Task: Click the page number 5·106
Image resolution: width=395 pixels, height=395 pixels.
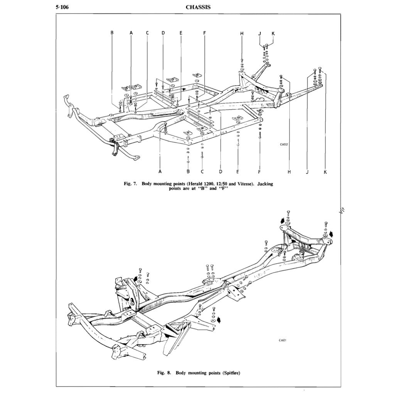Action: pyautogui.click(x=62, y=7)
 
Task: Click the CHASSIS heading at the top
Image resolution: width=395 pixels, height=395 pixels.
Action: pyautogui.click(x=198, y=7)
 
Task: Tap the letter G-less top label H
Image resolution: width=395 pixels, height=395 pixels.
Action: pyautogui.click(x=242, y=33)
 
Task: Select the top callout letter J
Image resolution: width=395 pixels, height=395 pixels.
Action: pyautogui.click(x=260, y=33)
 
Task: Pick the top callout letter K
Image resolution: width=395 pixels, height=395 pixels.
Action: pyautogui.click(x=273, y=33)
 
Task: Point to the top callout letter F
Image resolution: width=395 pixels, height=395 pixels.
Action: pyautogui.click(x=204, y=33)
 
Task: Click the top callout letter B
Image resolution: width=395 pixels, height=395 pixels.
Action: pyautogui.click(x=112, y=33)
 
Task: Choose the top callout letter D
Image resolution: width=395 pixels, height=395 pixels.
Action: pyautogui.click(x=163, y=33)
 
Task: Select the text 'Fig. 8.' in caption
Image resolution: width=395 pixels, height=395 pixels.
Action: pyautogui.click(x=165, y=373)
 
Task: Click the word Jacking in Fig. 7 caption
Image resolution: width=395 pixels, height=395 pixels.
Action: pyautogui.click(x=265, y=184)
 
